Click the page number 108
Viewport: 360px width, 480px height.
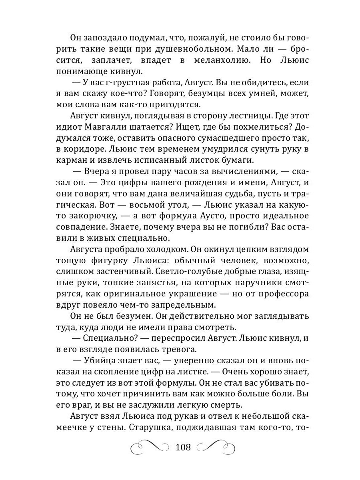(183, 447)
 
